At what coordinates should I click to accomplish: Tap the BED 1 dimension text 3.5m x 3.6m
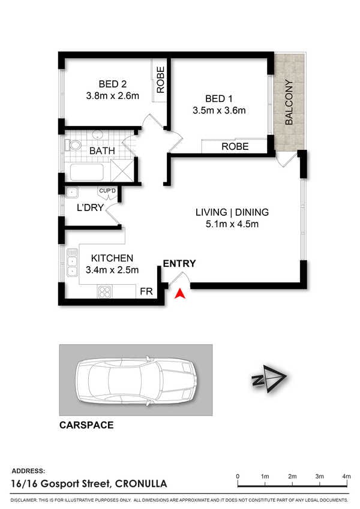click(x=219, y=110)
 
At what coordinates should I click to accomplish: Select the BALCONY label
click(x=289, y=103)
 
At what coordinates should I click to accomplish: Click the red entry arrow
click(x=179, y=293)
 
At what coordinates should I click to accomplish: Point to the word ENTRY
click(x=179, y=263)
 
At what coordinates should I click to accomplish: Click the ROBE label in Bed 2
click(x=160, y=79)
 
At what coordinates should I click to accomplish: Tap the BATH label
click(x=103, y=151)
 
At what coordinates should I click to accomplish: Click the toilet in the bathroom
click(x=74, y=145)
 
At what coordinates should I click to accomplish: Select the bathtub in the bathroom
click(x=88, y=172)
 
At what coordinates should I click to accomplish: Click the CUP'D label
click(x=107, y=191)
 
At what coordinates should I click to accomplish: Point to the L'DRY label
click(x=91, y=208)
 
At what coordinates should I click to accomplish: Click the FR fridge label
click(x=146, y=291)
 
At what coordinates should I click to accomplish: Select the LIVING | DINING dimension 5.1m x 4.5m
click(x=232, y=225)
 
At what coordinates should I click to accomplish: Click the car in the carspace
click(x=136, y=380)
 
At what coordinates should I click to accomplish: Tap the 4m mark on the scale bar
click(x=346, y=476)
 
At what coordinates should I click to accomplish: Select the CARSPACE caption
click(x=86, y=426)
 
